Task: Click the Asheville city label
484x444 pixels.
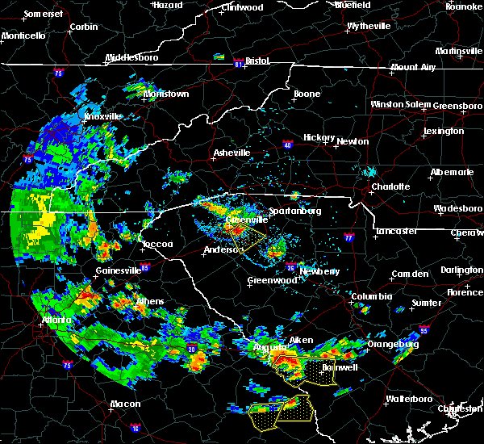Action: point(232,153)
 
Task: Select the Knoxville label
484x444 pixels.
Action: point(102,116)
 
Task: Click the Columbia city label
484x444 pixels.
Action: point(372,296)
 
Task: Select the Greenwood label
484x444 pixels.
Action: point(269,280)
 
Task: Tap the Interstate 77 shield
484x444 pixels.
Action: point(348,238)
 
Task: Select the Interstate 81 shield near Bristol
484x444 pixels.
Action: point(238,61)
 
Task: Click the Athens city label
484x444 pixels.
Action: point(149,302)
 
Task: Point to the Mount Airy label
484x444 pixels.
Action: point(415,67)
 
